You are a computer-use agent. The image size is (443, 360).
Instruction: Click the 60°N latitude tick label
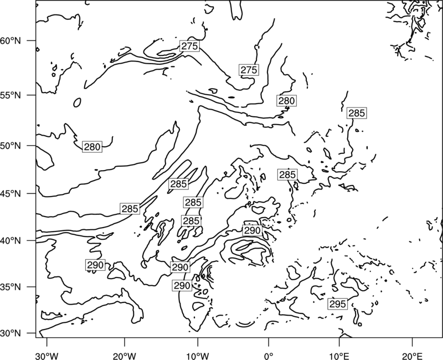pyautogui.click(x=11, y=41)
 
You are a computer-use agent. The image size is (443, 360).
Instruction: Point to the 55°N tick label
pyautogui.click(x=11, y=95)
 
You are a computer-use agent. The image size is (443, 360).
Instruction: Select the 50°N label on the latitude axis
pyautogui.click(x=11, y=146)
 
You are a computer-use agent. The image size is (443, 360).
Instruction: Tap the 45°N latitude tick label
pyautogui.click(x=11, y=194)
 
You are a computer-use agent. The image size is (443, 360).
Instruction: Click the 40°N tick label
pyautogui.click(x=11, y=241)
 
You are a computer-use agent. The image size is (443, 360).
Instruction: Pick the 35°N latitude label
pyautogui.click(x=11, y=287)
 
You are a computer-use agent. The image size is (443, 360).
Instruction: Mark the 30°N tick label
pyautogui.click(x=11, y=333)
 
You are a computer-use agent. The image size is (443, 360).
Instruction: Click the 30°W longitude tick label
pyautogui.click(x=47, y=356)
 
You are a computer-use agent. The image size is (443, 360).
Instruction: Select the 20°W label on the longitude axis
pyautogui.click(x=124, y=356)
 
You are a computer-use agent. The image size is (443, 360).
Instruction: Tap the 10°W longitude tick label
pyautogui.click(x=198, y=356)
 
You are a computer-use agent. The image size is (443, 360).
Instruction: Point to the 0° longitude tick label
pyautogui.click(x=269, y=356)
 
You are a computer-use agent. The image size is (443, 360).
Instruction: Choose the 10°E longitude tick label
pyautogui.click(x=339, y=356)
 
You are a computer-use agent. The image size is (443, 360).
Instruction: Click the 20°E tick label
pyautogui.click(x=412, y=356)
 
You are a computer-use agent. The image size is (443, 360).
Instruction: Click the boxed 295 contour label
pyautogui.click(x=338, y=304)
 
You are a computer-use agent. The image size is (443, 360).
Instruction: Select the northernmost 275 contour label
pyautogui.click(x=189, y=46)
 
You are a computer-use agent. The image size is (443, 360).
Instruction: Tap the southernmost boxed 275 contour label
pyautogui.click(x=249, y=70)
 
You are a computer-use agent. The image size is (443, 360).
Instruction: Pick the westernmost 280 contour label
pyautogui.click(x=92, y=147)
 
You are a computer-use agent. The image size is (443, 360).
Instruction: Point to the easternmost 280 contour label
pyautogui.click(x=286, y=101)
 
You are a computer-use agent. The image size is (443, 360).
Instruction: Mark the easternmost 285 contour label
pyautogui.click(x=357, y=113)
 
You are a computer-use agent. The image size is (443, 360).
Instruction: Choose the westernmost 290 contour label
pyautogui.click(x=95, y=265)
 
